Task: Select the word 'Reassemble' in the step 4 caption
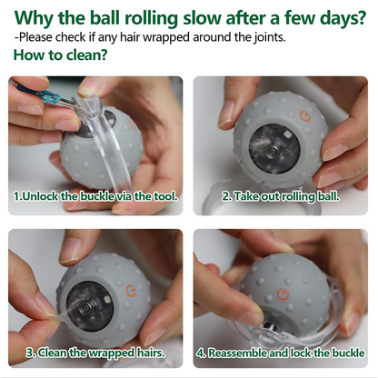click(240, 352)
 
